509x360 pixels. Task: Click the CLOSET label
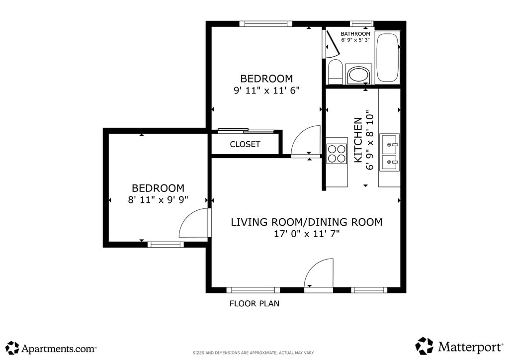coord(245,144)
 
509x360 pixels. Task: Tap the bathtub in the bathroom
coord(387,58)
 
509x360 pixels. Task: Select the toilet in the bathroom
coord(336,72)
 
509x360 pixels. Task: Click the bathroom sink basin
coord(359,75)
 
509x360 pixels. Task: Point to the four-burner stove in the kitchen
coord(337,154)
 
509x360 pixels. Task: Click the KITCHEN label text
coord(358,140)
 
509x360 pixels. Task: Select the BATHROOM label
coord(355,34)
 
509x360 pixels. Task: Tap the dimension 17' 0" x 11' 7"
coord(307,234)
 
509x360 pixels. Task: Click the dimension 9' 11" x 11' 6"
coord(266,90)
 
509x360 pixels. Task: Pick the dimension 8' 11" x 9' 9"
coord(158,199)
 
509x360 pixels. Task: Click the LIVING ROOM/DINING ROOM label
coord(306,222)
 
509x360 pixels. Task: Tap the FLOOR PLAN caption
coord(254,303)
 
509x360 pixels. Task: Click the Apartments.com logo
coord(51,348)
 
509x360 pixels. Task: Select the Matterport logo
coord(459,346)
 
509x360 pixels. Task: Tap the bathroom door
coord(332,44)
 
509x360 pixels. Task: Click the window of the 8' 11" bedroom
coord(166,245)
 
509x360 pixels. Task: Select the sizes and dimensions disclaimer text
coord(254,353)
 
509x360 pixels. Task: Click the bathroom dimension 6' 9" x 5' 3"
coord(355,40)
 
